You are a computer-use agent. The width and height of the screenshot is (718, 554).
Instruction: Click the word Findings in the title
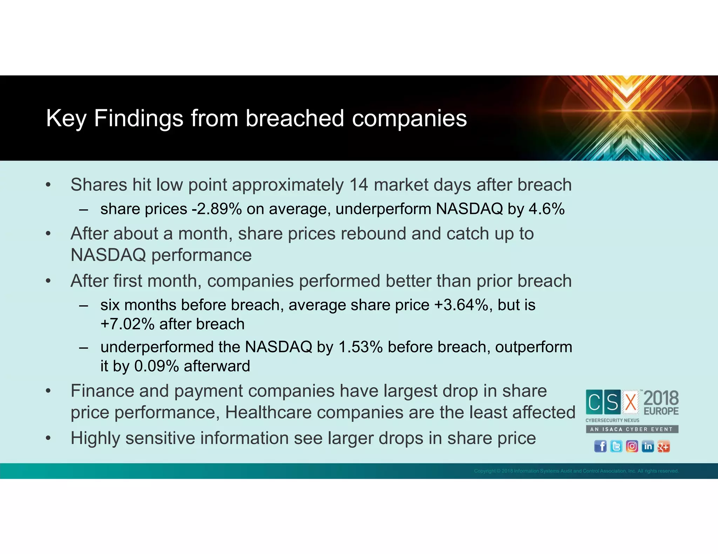point(138,118)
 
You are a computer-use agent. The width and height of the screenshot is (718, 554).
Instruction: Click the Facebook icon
point(600,446)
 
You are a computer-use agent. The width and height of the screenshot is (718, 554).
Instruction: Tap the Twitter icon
point(616,446)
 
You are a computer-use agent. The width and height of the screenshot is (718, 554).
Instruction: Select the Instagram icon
point(632,446)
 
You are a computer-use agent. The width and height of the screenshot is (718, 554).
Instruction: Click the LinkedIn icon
point(648,446)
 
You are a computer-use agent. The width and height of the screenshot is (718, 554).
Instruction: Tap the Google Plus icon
point(663,446)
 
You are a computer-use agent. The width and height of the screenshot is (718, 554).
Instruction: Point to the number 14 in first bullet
point(359,185)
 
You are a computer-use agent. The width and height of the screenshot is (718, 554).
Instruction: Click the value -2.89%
point(216,209)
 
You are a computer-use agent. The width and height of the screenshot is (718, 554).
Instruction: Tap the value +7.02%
point(127,324)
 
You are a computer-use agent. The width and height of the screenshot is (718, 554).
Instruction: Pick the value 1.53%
point(360,347)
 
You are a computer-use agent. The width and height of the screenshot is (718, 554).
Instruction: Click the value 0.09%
point(157,366)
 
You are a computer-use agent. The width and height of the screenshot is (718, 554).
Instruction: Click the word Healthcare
point(268,413)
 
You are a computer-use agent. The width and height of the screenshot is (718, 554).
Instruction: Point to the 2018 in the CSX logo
point(661,399)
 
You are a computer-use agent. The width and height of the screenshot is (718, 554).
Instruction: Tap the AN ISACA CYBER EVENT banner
point(632,429)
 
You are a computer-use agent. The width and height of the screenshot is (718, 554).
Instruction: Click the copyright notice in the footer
point(576,471)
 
